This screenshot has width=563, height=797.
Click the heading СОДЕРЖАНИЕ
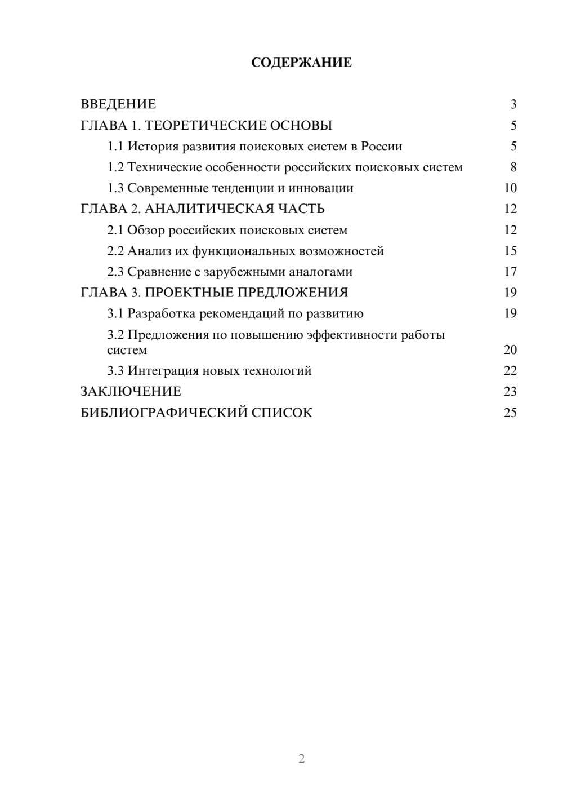click(x=301, y=63)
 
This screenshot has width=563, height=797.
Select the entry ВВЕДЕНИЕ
click(x=118, y=104)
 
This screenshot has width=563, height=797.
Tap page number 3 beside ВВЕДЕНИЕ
click(x=513, y=104)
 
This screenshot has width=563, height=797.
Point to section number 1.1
click(x=115, y=147)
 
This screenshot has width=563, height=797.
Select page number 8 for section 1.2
click(x=513, y=167)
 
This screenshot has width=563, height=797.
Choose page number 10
click(x=510, y=188)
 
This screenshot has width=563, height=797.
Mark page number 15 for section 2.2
click(x=510, y=251)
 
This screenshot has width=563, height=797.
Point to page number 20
click(x=510, y=350)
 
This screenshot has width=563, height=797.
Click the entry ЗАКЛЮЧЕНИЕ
click(x=131, y=392)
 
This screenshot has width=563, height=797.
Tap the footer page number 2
click(x=301, y=759)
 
